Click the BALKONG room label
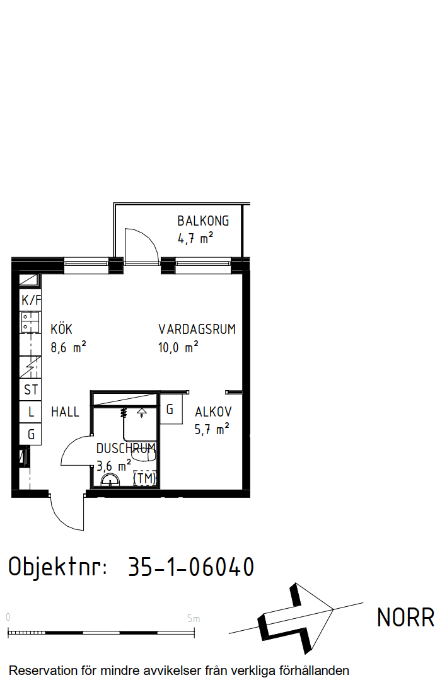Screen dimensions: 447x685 (x=203, y=221)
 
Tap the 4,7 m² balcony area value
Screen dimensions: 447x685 (x=195, y=239)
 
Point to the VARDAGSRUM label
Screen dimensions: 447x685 (x=197, y=329)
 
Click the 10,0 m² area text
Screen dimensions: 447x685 (x=178, y=347)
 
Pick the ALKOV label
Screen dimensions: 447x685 (x=213, y=412)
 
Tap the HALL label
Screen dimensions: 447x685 (x=65, y=412)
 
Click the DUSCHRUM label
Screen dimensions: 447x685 (x=126, y=448)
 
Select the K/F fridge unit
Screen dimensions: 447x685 (x=31, y=300)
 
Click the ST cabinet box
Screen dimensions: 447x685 (x=31, y=389)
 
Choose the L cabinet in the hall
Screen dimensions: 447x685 (x=31, y=412)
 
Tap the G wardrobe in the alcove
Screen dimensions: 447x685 (x=171, y=410)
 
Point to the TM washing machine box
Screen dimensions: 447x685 (x=144, y=478)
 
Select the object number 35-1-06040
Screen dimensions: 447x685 (x=191, y=567)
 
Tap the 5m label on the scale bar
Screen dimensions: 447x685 (x=193, y=619)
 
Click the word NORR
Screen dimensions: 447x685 (x=405, y=618)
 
